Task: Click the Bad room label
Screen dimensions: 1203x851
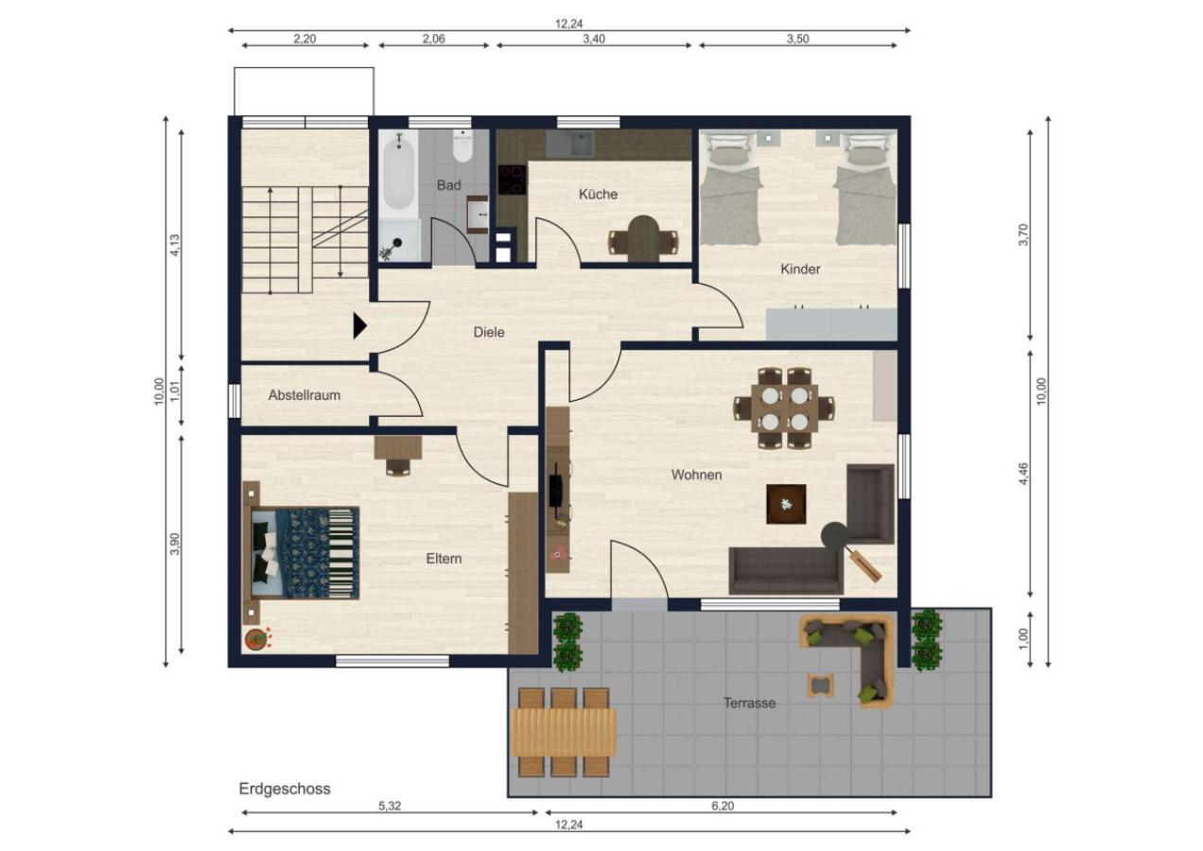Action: coord(448,185)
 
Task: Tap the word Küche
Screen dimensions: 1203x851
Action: coord(598,194)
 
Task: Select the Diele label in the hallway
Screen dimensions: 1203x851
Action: coord(489,332)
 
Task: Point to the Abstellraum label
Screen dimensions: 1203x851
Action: coord(305,395)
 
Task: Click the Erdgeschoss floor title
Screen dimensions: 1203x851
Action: coord(285,789)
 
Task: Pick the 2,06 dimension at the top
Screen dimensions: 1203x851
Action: coord(434,39)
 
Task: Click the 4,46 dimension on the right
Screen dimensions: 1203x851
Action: coord(1023,474)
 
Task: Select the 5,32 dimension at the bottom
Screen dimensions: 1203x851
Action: coord(390,806)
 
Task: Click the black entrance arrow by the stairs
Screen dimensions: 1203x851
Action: coord(359,326)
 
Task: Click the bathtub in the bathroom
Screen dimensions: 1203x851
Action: coord(398,174)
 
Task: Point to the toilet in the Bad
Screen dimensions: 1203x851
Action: coord(462,146)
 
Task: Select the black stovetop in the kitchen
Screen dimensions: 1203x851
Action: coord(512,179)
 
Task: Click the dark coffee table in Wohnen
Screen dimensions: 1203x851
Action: coord(786,504)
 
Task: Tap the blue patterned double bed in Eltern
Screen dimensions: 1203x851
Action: coord(305,553)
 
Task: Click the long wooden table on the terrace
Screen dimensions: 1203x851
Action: coord(564,732)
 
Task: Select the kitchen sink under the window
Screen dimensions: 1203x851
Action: coord(570,144)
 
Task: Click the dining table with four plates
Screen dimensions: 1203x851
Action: coord(785,408)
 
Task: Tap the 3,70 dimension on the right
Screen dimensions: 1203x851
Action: coord(1022,234)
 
